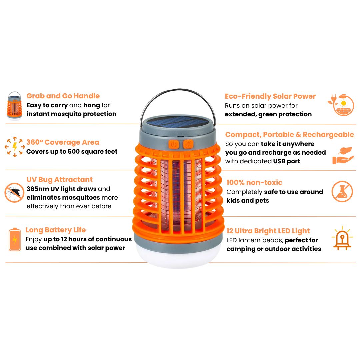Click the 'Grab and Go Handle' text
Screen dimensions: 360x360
63,96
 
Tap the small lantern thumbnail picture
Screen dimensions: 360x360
14,106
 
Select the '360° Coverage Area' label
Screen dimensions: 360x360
63,142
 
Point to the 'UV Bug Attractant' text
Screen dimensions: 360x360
60,180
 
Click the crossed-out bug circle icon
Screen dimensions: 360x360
14,193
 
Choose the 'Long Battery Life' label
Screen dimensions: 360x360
56,230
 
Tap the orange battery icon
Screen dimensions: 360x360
15,239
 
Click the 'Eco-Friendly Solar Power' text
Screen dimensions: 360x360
270,96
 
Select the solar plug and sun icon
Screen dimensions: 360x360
340,104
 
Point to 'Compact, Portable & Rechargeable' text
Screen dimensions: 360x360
289,135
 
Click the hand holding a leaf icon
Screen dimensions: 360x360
342,156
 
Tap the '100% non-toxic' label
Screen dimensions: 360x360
254,183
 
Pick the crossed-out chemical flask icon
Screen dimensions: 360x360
342,192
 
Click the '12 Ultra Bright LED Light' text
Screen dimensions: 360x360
268,231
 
